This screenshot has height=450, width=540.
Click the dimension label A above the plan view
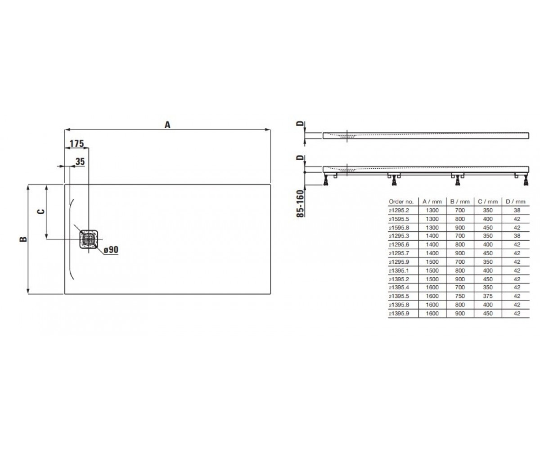click(167, 125)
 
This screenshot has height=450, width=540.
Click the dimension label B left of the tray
click(23, 239)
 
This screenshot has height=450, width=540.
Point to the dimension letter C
click(41, 211)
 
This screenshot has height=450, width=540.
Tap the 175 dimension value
click(77, 143)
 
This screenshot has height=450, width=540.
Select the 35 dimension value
click(80, 162)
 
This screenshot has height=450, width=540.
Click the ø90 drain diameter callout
click(111, 250)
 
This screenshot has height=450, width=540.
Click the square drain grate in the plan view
click(89, 239)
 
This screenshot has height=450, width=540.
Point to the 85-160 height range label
click(300, 203)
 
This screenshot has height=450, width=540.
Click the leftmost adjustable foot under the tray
click(326, 180)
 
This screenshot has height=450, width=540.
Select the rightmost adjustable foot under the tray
click(526, 180)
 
